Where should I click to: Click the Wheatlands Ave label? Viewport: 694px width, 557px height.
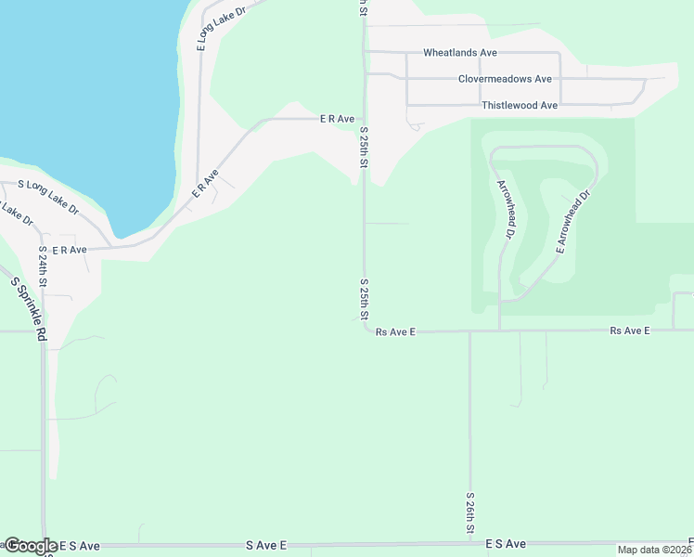460,53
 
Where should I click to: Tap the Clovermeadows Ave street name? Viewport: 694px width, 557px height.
505,79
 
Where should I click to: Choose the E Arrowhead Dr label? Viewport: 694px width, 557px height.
572,223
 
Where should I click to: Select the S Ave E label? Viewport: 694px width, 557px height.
266,545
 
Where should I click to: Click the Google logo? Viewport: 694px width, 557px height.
31,546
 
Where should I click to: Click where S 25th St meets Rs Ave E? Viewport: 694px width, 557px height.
364,330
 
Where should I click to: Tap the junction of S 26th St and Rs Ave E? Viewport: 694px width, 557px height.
470,330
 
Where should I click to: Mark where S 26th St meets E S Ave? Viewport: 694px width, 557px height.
470,542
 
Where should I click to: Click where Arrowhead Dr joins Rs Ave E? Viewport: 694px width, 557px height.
500,330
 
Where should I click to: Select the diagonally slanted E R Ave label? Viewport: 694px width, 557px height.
204,182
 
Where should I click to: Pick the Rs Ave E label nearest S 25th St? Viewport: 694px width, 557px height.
396,331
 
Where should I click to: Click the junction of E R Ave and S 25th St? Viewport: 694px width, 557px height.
364,119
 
